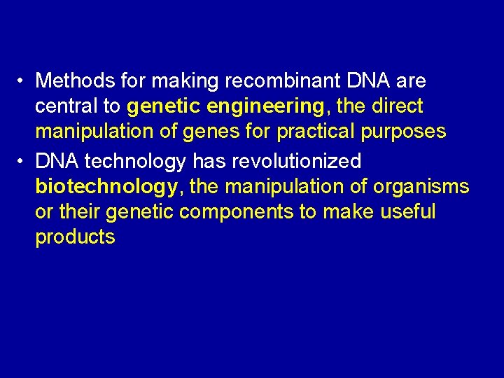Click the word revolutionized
pyautogui.click(x=294, y=161)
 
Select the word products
pyautogui.click(x=75, y=237)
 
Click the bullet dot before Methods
pyautogui.click(x=23, y=82)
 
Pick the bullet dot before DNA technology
pyautogui.click(x=23, y=162)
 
